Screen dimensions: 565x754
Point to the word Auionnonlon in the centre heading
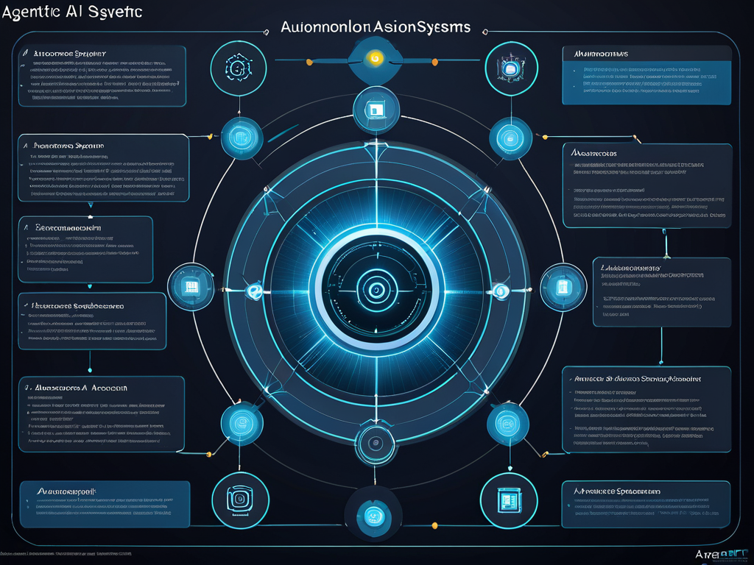[x=325, y=26]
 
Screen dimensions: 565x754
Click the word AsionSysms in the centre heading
[x=420, y=26]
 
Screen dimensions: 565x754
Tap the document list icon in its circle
[x=507, y=500]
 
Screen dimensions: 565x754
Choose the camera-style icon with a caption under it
[x=237, y=500]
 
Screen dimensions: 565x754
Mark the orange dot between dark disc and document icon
[x=434, y=525]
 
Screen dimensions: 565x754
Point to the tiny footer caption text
[x=66, y=552]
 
